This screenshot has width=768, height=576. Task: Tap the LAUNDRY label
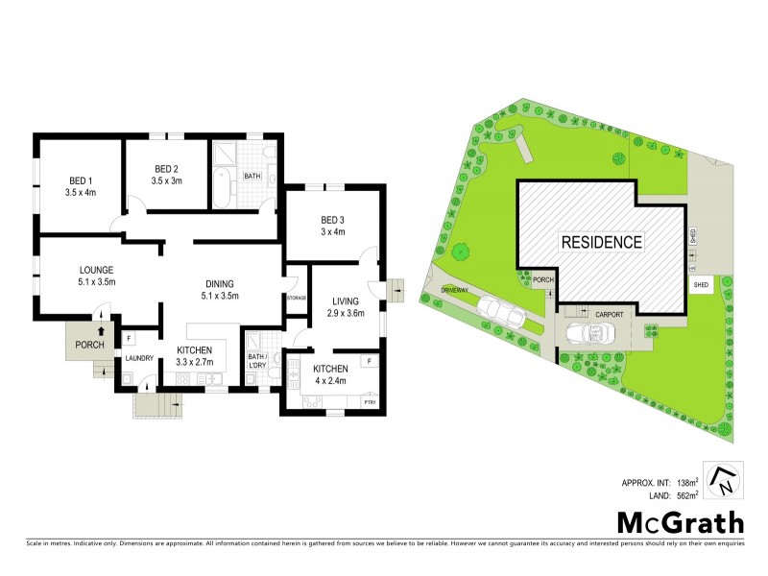pos(140,360)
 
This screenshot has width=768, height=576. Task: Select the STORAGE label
pos(296,299)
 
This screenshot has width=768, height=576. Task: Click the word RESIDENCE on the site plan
pos(602,242)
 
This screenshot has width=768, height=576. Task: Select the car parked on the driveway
pos(499,311)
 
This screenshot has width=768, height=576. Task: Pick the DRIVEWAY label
pos(455,289)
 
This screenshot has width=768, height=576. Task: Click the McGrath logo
pos(679,523)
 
